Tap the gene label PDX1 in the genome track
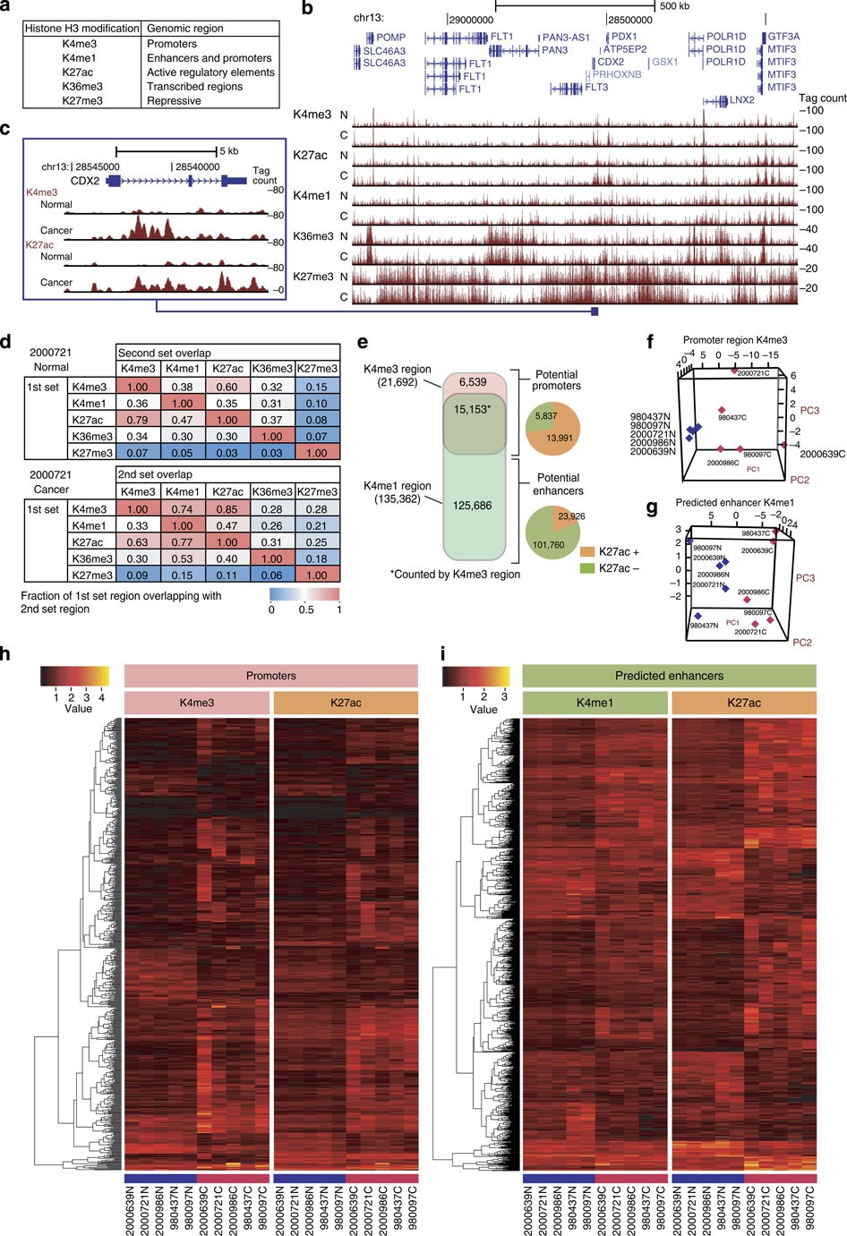coord(623,37)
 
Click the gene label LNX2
coord(741,101)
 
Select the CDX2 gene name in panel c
coord(84,180)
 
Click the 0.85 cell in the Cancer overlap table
coord(227,509)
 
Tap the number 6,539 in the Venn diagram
coord(473,383)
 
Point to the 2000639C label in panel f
coord(821,454)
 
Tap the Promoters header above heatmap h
coord(270,676)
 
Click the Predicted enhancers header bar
coord(669,676)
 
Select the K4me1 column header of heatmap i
coord(595,703)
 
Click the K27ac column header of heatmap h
coord(345,703)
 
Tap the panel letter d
coord(6,342)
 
